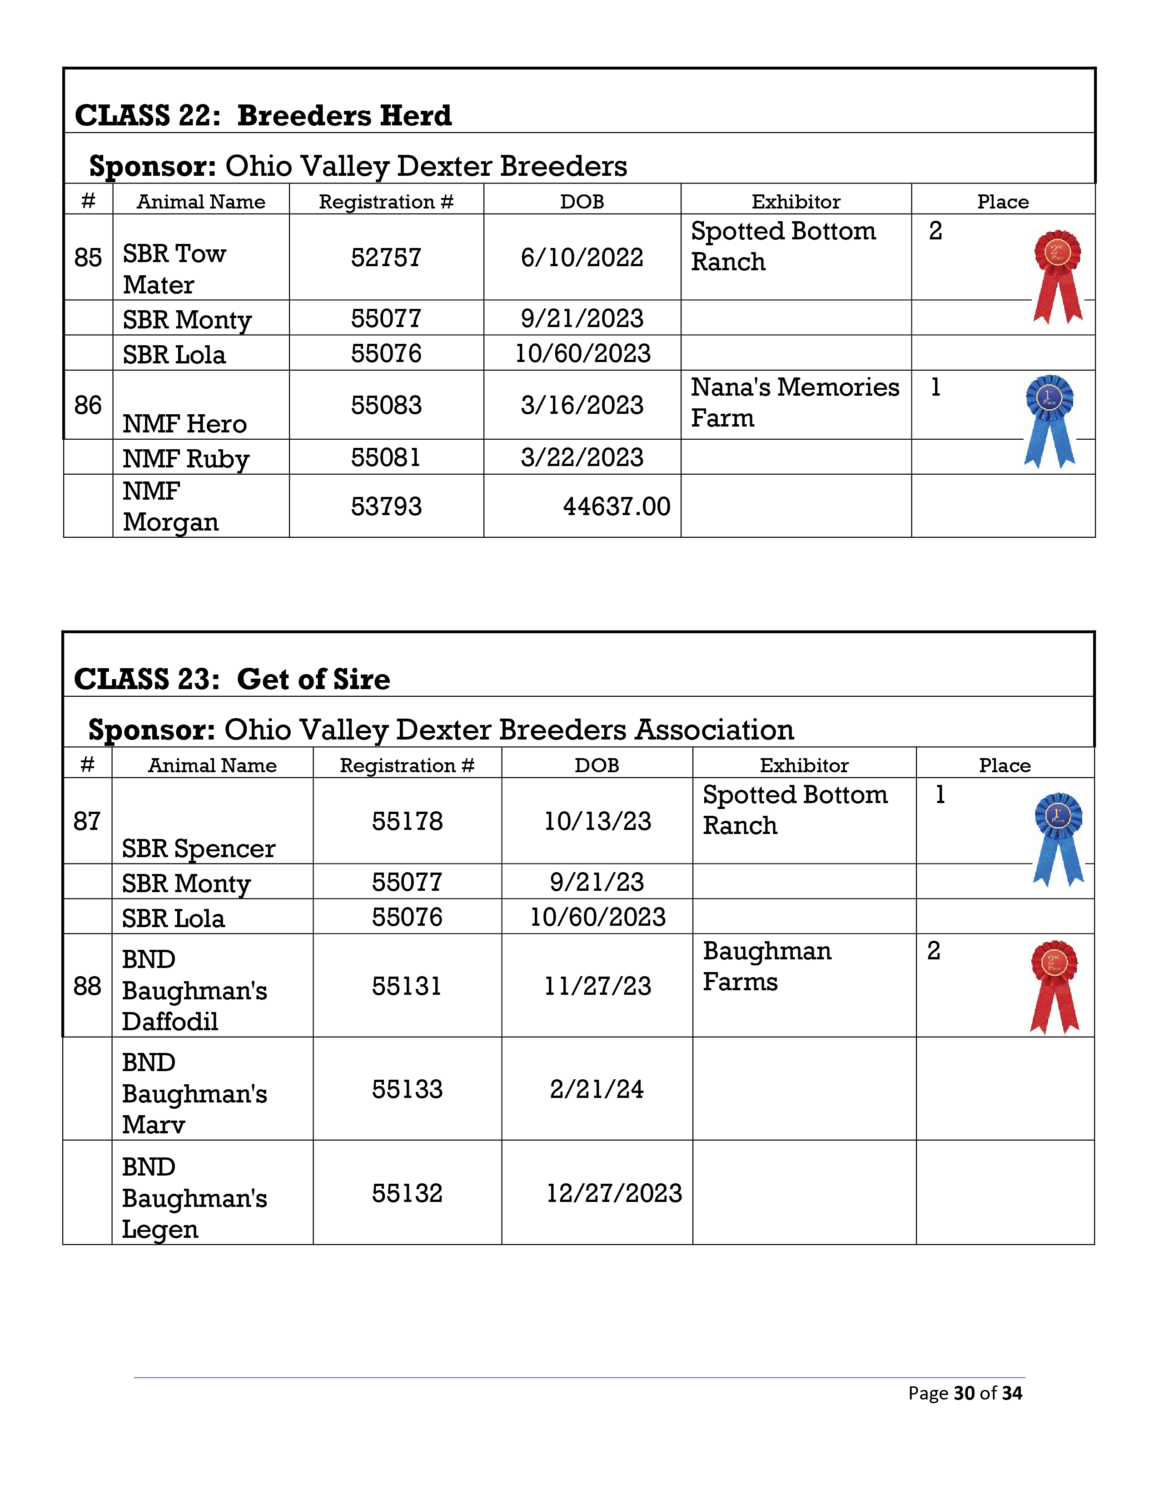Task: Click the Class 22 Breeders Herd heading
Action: coord(263,115)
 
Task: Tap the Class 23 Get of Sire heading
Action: coord(232,679)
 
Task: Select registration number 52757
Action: coord(386,258)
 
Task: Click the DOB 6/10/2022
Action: coord(582,258)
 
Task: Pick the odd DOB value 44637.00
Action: coord(616,506)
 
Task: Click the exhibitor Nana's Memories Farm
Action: coord(795,402)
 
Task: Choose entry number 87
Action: coord(87,821)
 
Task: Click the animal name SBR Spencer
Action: coord(199,849)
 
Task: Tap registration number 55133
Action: coord(407,1089)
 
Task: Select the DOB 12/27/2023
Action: coord(614,1193)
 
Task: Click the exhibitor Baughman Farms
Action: coord(767,966)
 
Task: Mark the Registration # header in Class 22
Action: coord(386,201)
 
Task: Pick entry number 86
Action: coord(88,405)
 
